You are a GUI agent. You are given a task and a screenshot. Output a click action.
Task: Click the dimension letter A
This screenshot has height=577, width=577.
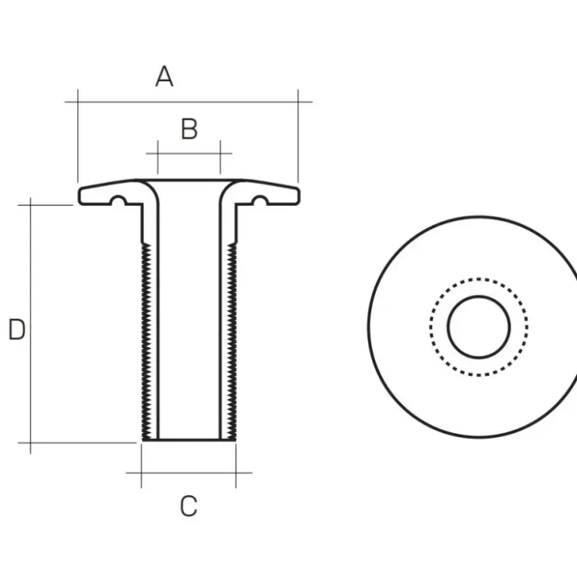pos(164,76)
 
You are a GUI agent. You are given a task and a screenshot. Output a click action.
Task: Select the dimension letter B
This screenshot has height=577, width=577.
pos(189,129)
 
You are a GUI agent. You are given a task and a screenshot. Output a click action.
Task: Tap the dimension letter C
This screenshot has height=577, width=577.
pos(189,506)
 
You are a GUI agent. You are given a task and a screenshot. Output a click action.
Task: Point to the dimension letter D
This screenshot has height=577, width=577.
pos(17,329)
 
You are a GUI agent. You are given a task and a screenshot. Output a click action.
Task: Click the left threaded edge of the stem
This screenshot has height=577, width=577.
pos(146,342)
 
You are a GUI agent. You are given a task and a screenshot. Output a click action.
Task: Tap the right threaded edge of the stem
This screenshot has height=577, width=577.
pos(232,342)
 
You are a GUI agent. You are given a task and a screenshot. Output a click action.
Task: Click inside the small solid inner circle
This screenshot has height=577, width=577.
pos(479,327)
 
